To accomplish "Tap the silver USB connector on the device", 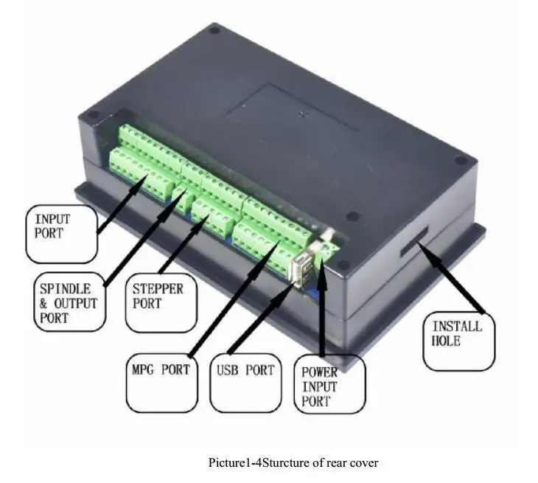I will (x=302, y=268).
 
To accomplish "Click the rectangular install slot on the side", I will (x=414, y=243).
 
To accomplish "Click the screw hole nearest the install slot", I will (x=461, y=160).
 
